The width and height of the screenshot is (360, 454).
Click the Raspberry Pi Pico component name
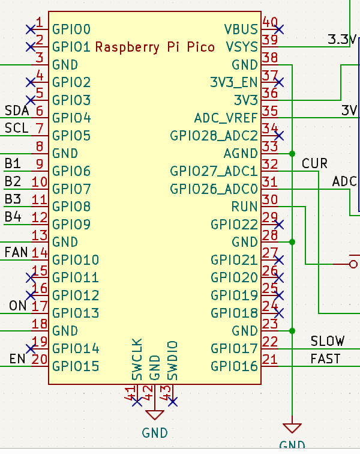tap(155, 47)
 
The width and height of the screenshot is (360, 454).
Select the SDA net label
tap(16, 110)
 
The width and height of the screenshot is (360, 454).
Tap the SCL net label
tap(16, 128)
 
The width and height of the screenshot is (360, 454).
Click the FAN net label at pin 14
tap(16, 252)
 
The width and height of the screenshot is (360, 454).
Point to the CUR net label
tap(314, 163)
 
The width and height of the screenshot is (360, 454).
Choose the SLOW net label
tap(327, 341)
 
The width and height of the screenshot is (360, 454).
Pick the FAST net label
tap(325, 359)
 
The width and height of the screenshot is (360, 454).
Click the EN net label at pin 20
tap(17, 359)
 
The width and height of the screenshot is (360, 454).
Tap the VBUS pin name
tap(241, 29)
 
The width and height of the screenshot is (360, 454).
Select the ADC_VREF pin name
tap(226, 118)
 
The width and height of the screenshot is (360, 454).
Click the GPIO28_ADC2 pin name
tap(214, 136)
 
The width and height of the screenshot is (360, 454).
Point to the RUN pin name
tap(245, 207)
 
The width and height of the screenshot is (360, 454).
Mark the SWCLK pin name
tap(137, 360)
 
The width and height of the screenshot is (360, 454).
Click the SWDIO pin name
tap(173, 360)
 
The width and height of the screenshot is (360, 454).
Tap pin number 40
tap(270, 23)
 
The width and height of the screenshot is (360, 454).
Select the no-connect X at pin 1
tap(31, 29)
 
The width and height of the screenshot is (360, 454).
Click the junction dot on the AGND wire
tap(292, 153)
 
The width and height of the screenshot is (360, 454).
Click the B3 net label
tap(13, 199)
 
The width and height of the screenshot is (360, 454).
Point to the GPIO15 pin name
tap(76, 366)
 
